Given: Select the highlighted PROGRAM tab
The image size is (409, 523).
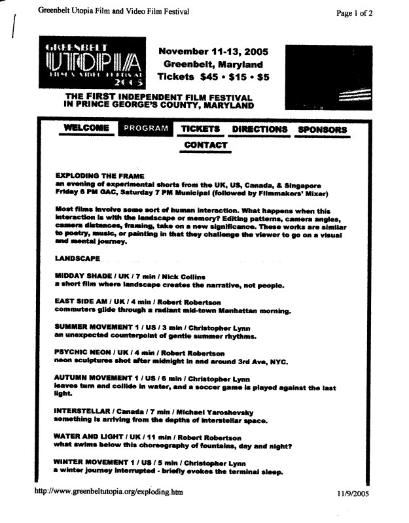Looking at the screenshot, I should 145,129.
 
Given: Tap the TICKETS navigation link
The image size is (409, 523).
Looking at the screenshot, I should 200,129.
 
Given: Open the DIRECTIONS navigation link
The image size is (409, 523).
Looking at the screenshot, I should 260,129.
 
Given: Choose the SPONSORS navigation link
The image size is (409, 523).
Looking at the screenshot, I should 322,129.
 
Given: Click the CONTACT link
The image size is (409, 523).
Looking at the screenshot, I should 205,145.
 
